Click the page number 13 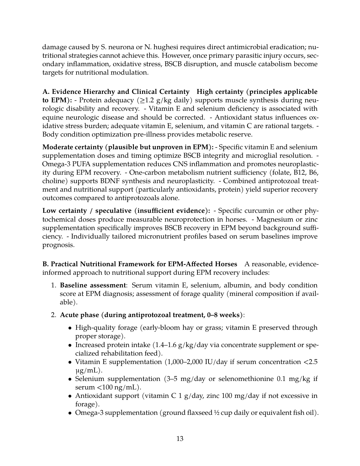180,439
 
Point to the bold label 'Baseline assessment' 93,285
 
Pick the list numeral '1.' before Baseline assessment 54,285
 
